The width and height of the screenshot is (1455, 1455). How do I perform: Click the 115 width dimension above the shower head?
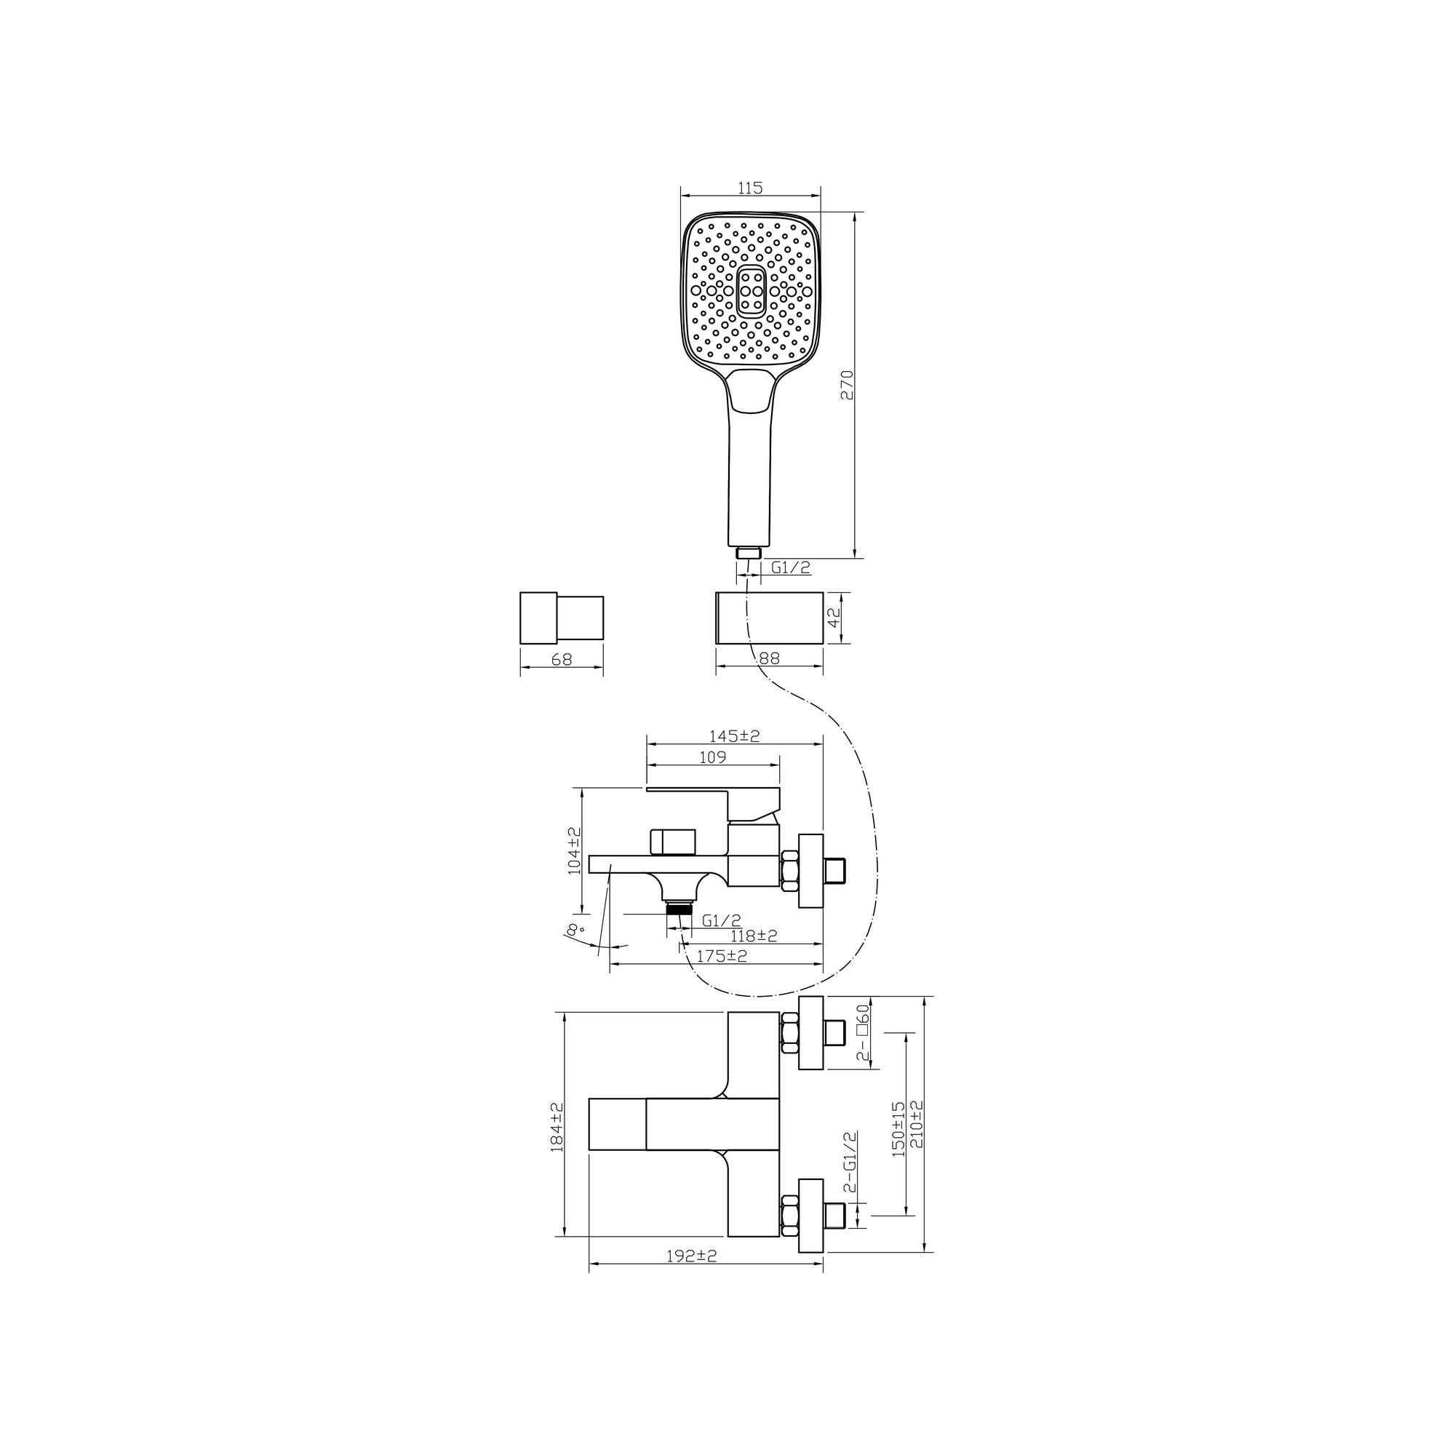tap(750, 188)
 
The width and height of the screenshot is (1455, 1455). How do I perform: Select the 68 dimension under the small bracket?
tap(562, 659)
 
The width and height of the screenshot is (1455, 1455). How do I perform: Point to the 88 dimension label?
tap(770, 658)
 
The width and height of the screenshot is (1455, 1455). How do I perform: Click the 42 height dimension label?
tap(834, 618)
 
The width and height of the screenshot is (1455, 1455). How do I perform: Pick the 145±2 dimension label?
tap(734, 736)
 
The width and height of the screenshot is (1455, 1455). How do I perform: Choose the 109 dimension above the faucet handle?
tap(711, 757)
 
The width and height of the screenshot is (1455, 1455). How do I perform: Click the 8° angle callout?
tap(576, 929)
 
